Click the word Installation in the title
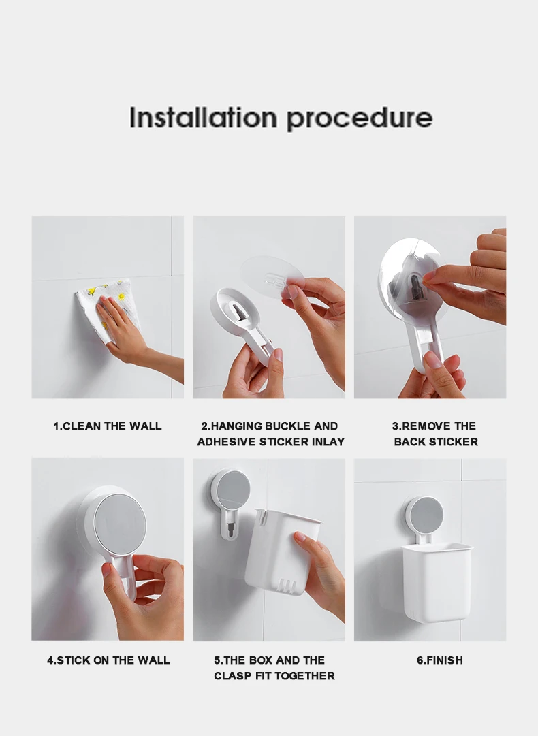(203, 117)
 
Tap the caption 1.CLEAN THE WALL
(108, 426)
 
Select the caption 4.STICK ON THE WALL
(108, 660)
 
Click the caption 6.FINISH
(440, 660)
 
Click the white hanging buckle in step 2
(242, 321)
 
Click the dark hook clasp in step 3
(415, 287)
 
